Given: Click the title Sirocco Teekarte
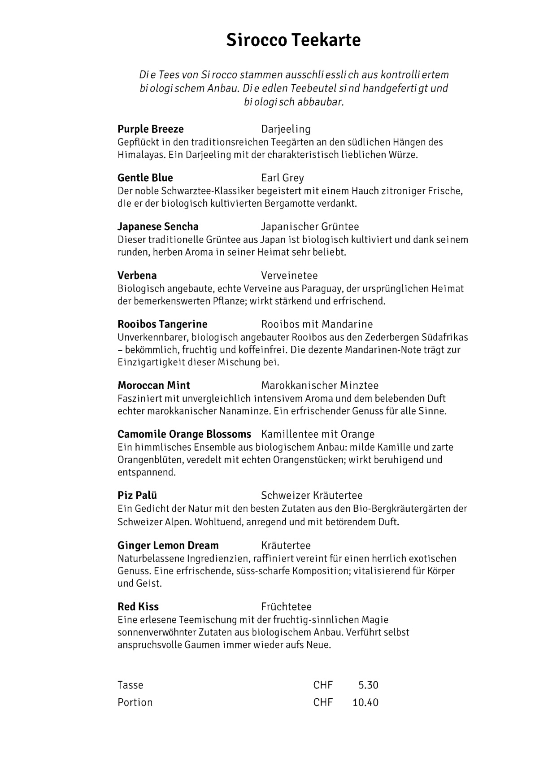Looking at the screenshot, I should [293, 40].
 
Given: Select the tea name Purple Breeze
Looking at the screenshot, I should [151, 129].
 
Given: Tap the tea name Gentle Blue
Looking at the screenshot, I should [145, 178].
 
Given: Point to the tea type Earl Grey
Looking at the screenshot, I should [283, 178].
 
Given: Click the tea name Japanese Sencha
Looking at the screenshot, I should [158, 226].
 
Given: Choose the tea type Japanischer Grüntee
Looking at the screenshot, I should [310, 227].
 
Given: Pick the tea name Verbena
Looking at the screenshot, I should [137, 275].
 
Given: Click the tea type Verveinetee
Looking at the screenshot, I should [289, 275].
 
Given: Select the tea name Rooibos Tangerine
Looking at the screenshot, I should [162, 324].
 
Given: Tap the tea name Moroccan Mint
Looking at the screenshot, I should [154, 385].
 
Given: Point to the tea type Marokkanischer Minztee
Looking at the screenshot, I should [320, 386].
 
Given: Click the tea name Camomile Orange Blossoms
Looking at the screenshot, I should [184, 434].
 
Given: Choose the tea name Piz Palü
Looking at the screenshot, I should [137, 496].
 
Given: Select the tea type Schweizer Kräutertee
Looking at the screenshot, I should [312, 496].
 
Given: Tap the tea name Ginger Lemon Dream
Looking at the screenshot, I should [168, 545].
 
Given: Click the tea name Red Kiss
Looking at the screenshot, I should [138, 607].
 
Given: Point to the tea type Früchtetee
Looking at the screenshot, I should [286, 607].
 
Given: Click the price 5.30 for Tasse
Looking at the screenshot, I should [369, 685].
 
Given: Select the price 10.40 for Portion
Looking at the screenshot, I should [365, 702].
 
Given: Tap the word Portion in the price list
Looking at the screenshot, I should [135, 702].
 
